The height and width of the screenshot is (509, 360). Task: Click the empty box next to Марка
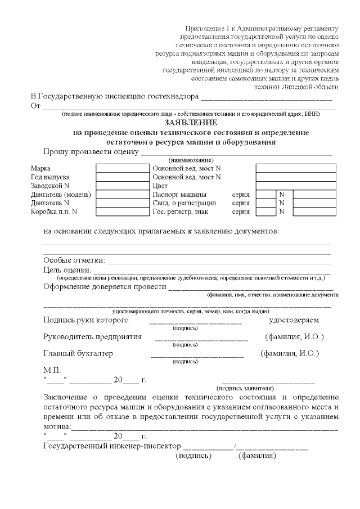click(x=121, y=168)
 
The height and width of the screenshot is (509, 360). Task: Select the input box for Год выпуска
click(x=121, y=177)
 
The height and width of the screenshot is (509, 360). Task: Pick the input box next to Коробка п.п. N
click(x=121, y=211)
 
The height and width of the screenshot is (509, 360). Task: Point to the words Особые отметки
click(x=74, y=260)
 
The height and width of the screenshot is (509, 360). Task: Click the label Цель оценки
click(x=67, y=269)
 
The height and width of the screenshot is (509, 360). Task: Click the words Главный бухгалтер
click(x=78, y=353)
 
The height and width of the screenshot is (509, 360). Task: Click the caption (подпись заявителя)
click(x=245, y=388)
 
